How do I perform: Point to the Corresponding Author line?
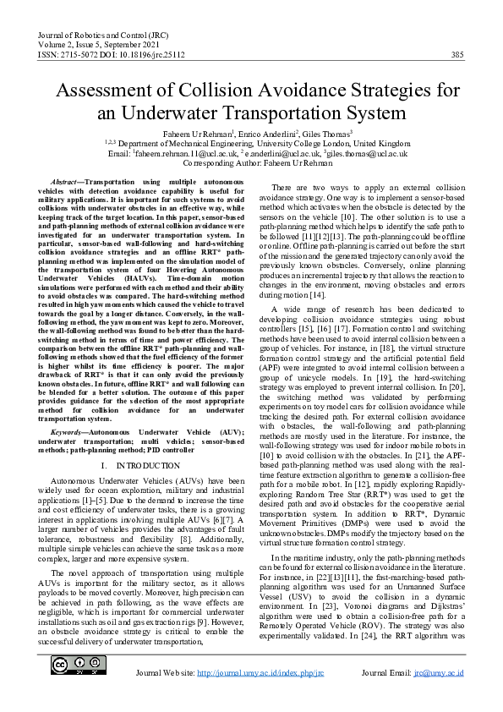tap(251, 164)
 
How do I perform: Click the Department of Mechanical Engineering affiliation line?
tap(251, 144)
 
